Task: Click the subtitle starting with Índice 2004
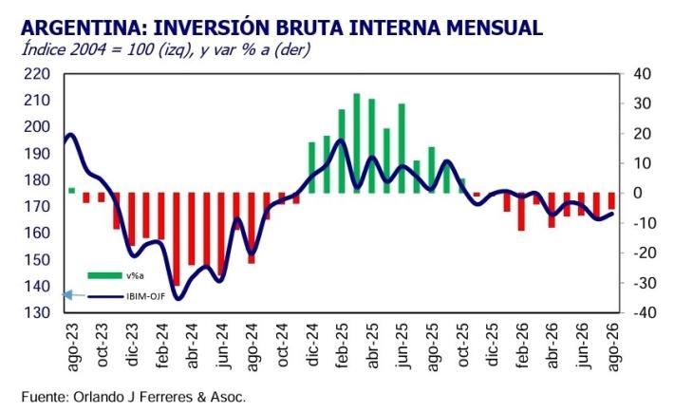166,49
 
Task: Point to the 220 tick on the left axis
37,74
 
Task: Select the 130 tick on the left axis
37,312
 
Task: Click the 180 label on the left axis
37,180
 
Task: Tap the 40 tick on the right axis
642,74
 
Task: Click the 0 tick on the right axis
637,193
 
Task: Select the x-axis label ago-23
72,347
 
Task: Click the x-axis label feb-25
342,346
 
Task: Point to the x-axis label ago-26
612,347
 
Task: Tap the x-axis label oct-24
282,346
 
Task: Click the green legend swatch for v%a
104,276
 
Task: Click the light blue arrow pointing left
74,295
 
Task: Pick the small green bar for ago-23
72,191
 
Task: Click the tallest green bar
357,143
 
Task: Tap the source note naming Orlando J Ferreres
133,397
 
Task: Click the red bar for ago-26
611,201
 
